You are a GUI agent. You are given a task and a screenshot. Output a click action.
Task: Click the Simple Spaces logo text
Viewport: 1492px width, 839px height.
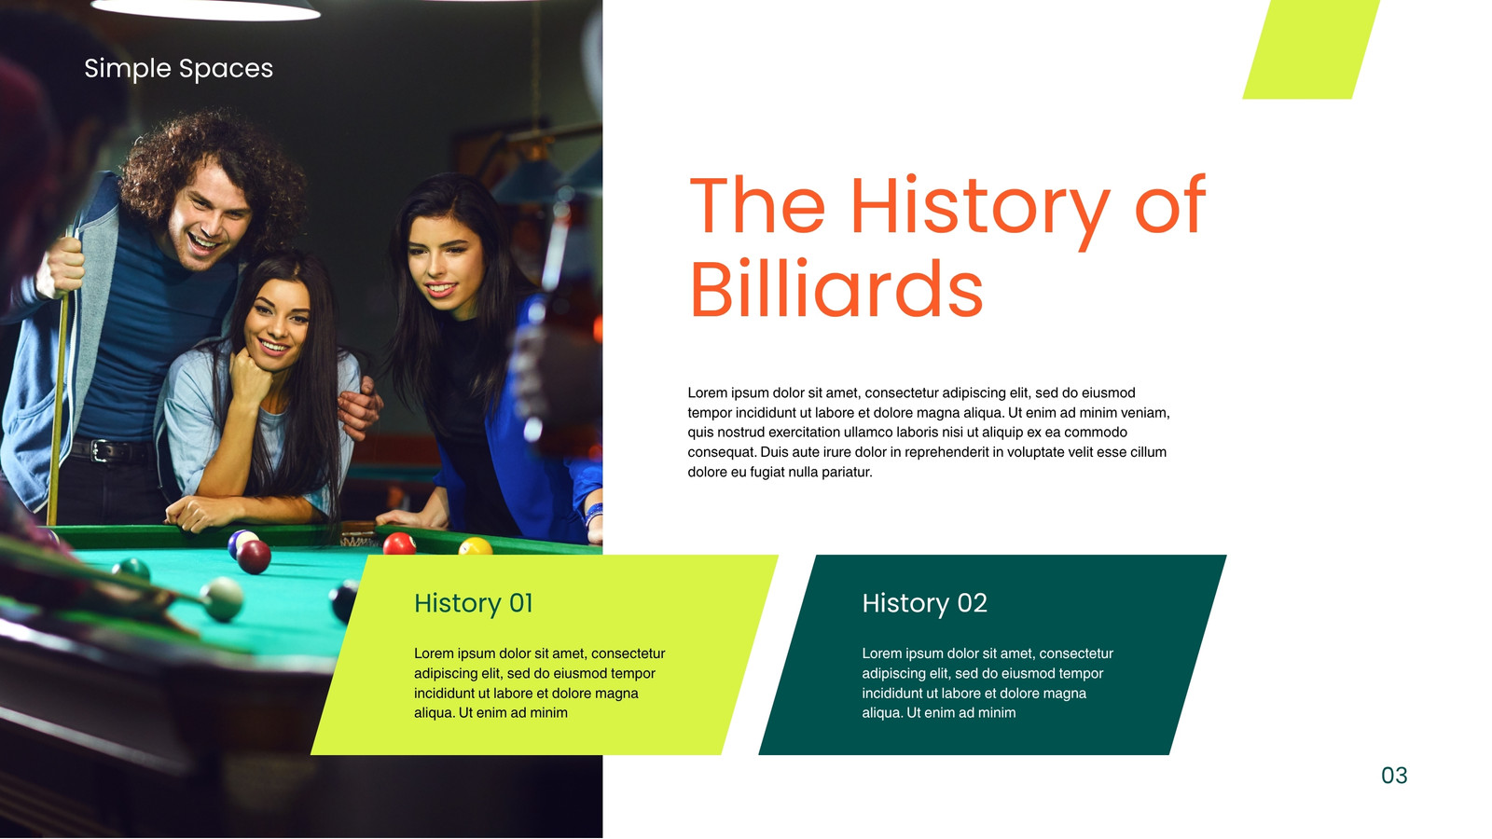(178, 69)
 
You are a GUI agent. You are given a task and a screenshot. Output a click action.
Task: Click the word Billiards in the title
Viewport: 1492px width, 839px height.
(836, 289)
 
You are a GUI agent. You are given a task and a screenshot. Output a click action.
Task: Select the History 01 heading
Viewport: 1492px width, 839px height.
(473, 603)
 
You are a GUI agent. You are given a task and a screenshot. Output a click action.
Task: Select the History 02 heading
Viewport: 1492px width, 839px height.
(924, 603)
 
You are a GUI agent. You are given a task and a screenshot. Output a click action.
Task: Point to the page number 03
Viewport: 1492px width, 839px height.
(1394, 775)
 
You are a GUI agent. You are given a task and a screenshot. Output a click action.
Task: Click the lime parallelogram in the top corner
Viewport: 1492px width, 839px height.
(1311, 49)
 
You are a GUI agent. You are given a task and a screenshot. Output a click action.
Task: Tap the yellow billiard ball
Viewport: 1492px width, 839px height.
(476, 546)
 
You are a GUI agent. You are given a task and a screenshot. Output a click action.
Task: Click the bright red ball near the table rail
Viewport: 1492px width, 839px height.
(400, 544)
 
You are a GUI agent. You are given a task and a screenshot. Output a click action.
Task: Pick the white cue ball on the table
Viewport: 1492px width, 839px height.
(223, 598)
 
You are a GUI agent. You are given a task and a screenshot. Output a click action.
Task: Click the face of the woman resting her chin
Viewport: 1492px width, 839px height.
(276, 325)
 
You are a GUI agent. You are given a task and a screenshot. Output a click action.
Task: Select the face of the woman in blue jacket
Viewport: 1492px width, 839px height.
(444, 264)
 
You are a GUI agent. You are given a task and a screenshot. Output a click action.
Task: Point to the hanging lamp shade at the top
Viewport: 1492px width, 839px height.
(205, 8)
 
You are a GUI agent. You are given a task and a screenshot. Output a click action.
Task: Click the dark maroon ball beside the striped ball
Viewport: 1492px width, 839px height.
(254, 557)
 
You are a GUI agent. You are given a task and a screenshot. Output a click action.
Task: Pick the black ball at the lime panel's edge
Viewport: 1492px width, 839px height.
(344, 600)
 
